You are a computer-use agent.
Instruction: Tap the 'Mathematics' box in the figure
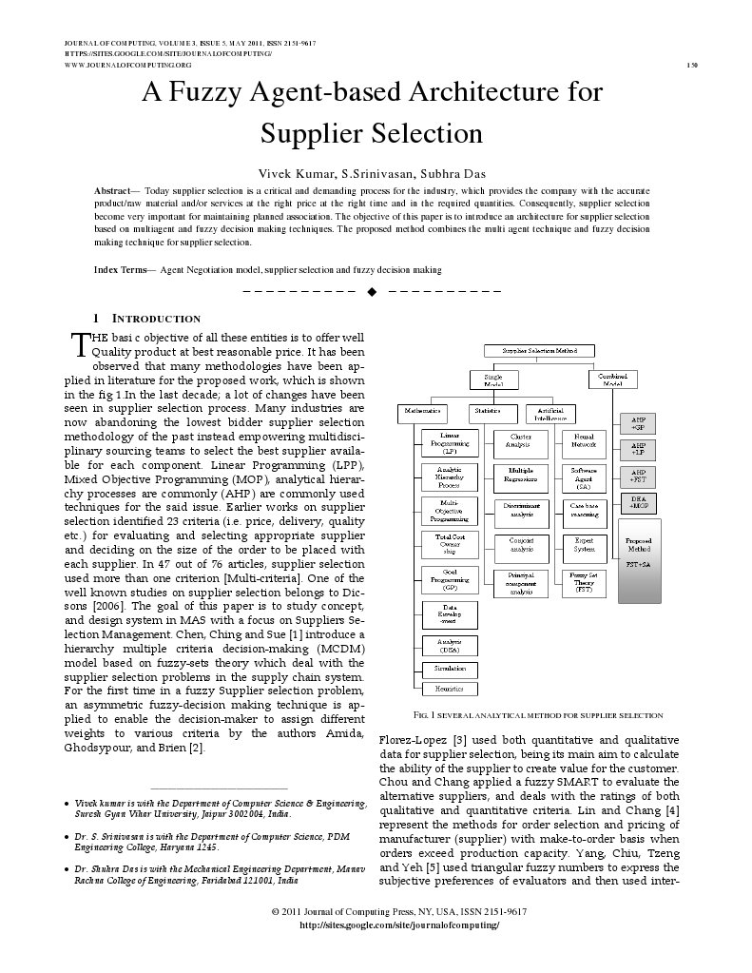[x=423, y=410]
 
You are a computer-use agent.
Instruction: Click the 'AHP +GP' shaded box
[x=638, y=422]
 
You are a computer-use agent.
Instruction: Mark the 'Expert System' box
[x=584, y=545]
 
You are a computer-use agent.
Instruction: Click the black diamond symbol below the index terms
[x=372, y=290]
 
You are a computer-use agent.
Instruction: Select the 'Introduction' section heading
[x=156, y=318]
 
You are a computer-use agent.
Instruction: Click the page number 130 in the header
[x=691, y=65]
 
